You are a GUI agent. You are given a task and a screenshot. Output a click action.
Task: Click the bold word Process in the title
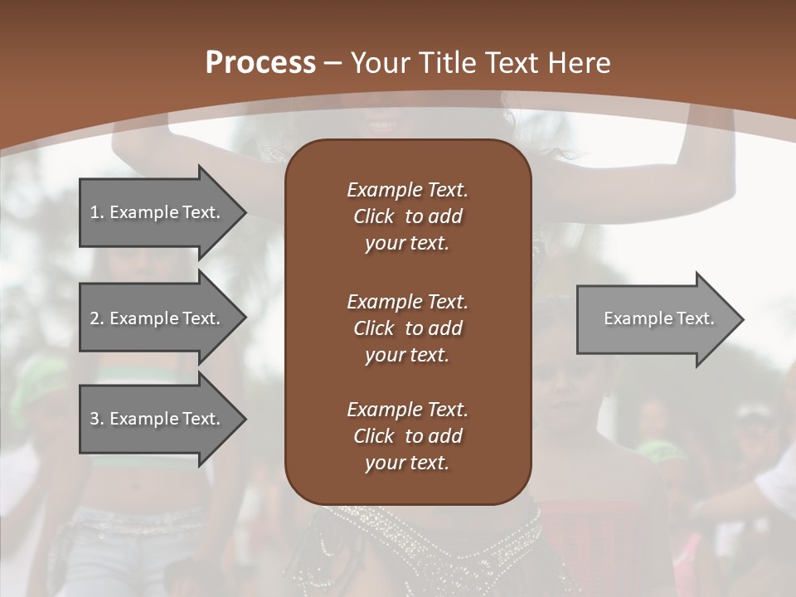pos(260,63)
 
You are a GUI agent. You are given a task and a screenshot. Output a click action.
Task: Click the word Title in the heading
pos(447,63)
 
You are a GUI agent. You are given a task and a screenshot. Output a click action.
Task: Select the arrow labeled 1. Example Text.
pos(158,212)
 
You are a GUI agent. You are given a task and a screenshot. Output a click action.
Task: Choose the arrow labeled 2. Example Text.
pos(158,318)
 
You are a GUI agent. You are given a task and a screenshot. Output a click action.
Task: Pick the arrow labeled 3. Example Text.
pos(158,419)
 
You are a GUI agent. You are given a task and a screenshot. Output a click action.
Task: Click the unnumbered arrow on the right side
pos(655,318)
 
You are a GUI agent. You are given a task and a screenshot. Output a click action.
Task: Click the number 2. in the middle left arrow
pos(97,318)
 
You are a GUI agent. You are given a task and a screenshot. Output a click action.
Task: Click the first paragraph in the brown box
pos(407,216)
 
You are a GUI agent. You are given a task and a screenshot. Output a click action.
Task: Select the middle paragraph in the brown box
pos(407,328)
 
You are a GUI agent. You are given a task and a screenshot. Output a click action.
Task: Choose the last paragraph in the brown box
pos(407,436)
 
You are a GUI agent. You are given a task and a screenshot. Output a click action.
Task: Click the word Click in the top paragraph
pos(373,216)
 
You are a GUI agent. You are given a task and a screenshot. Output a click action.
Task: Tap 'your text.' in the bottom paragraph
pos(407,464)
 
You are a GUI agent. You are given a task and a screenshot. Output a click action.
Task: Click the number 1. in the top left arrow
pos(97,212)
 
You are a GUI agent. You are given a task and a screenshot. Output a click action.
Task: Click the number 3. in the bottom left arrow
pos(97,419)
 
